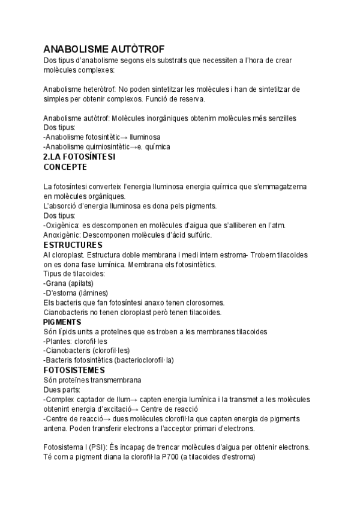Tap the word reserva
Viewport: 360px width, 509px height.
click(190, 98)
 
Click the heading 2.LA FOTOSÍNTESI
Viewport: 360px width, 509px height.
click(80, 156)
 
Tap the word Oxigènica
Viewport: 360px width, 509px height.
click(63, 225)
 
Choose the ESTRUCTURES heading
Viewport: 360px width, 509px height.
click(73, 244)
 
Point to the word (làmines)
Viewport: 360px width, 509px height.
click(92, 293)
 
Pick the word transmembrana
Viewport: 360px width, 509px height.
click(127, 379)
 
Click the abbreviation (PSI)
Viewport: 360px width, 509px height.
click(98, 447)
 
